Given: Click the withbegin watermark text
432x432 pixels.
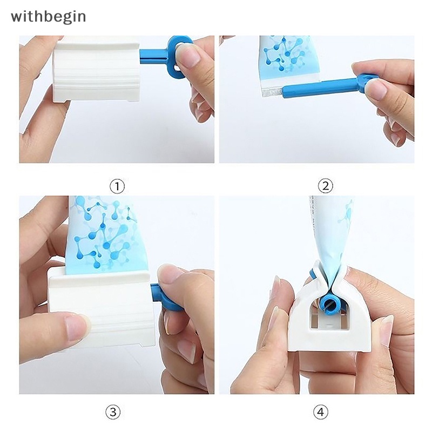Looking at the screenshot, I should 48,16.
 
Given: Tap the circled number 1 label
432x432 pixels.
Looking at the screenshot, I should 117,186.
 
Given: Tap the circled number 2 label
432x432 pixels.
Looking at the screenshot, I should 325,186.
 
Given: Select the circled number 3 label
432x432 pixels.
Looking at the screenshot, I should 112,413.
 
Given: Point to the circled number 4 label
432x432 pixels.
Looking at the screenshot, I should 320,413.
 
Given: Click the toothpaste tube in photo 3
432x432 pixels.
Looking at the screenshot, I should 103,232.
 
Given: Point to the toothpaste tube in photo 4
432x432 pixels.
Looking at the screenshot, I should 330,232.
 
